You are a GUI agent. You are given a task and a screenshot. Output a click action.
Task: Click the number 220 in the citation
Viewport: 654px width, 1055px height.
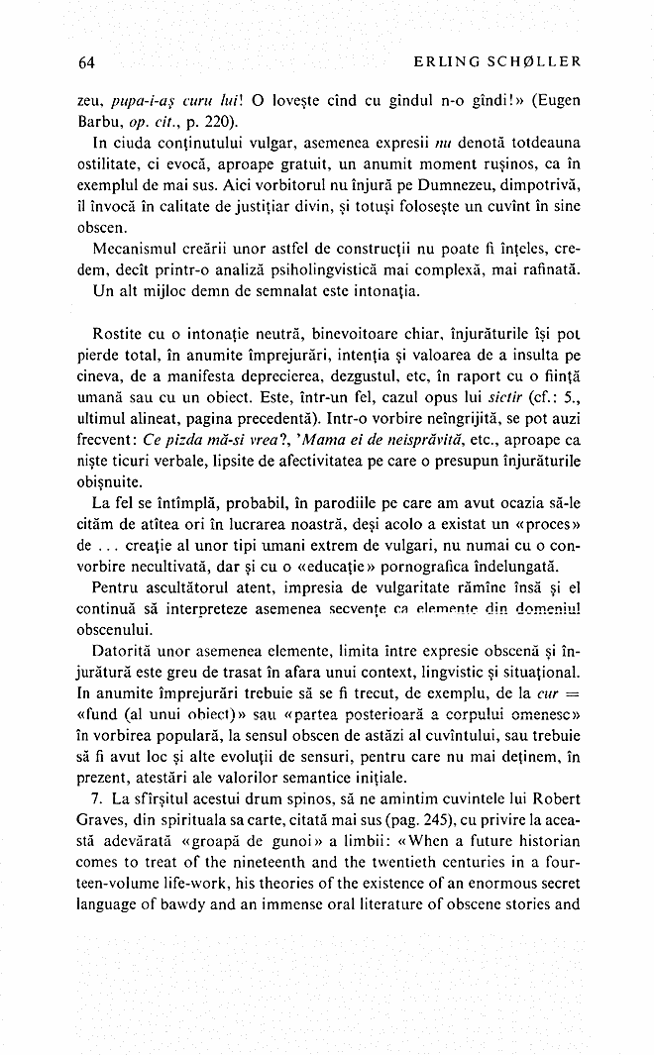(x=215, y=122)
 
